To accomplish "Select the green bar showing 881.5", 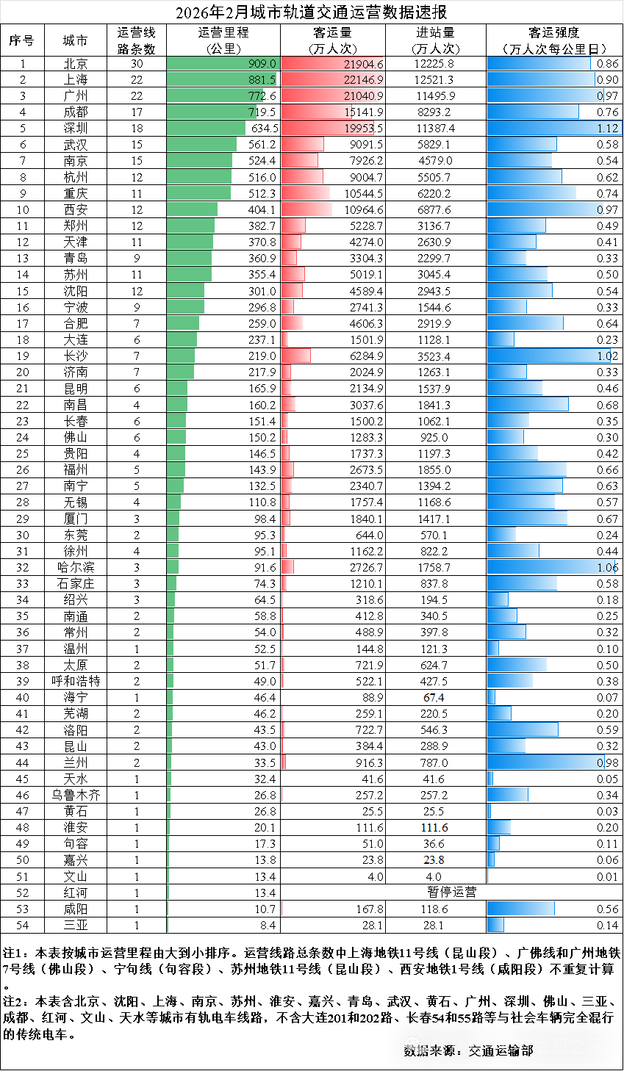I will [221, 80].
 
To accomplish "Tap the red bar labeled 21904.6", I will [331, 64].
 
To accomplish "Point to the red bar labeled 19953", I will [328, 129].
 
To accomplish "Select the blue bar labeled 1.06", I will [551, 567].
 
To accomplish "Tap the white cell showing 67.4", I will [435, 698].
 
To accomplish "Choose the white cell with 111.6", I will [435, 828].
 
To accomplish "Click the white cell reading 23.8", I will [435, 860].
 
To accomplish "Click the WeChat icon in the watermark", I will [415, 1045].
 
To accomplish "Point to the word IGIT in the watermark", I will [516, 1045].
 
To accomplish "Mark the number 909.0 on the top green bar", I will [262, 64].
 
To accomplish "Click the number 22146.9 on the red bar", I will [363, 80].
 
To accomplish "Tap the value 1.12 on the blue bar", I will [608, 129].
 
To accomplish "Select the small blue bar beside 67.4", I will [491, 698].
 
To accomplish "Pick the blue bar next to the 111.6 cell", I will [498, 828].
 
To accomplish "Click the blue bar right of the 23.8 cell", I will [490, 860].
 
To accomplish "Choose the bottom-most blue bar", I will [495, 925].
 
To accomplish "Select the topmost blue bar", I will [539, 64].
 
